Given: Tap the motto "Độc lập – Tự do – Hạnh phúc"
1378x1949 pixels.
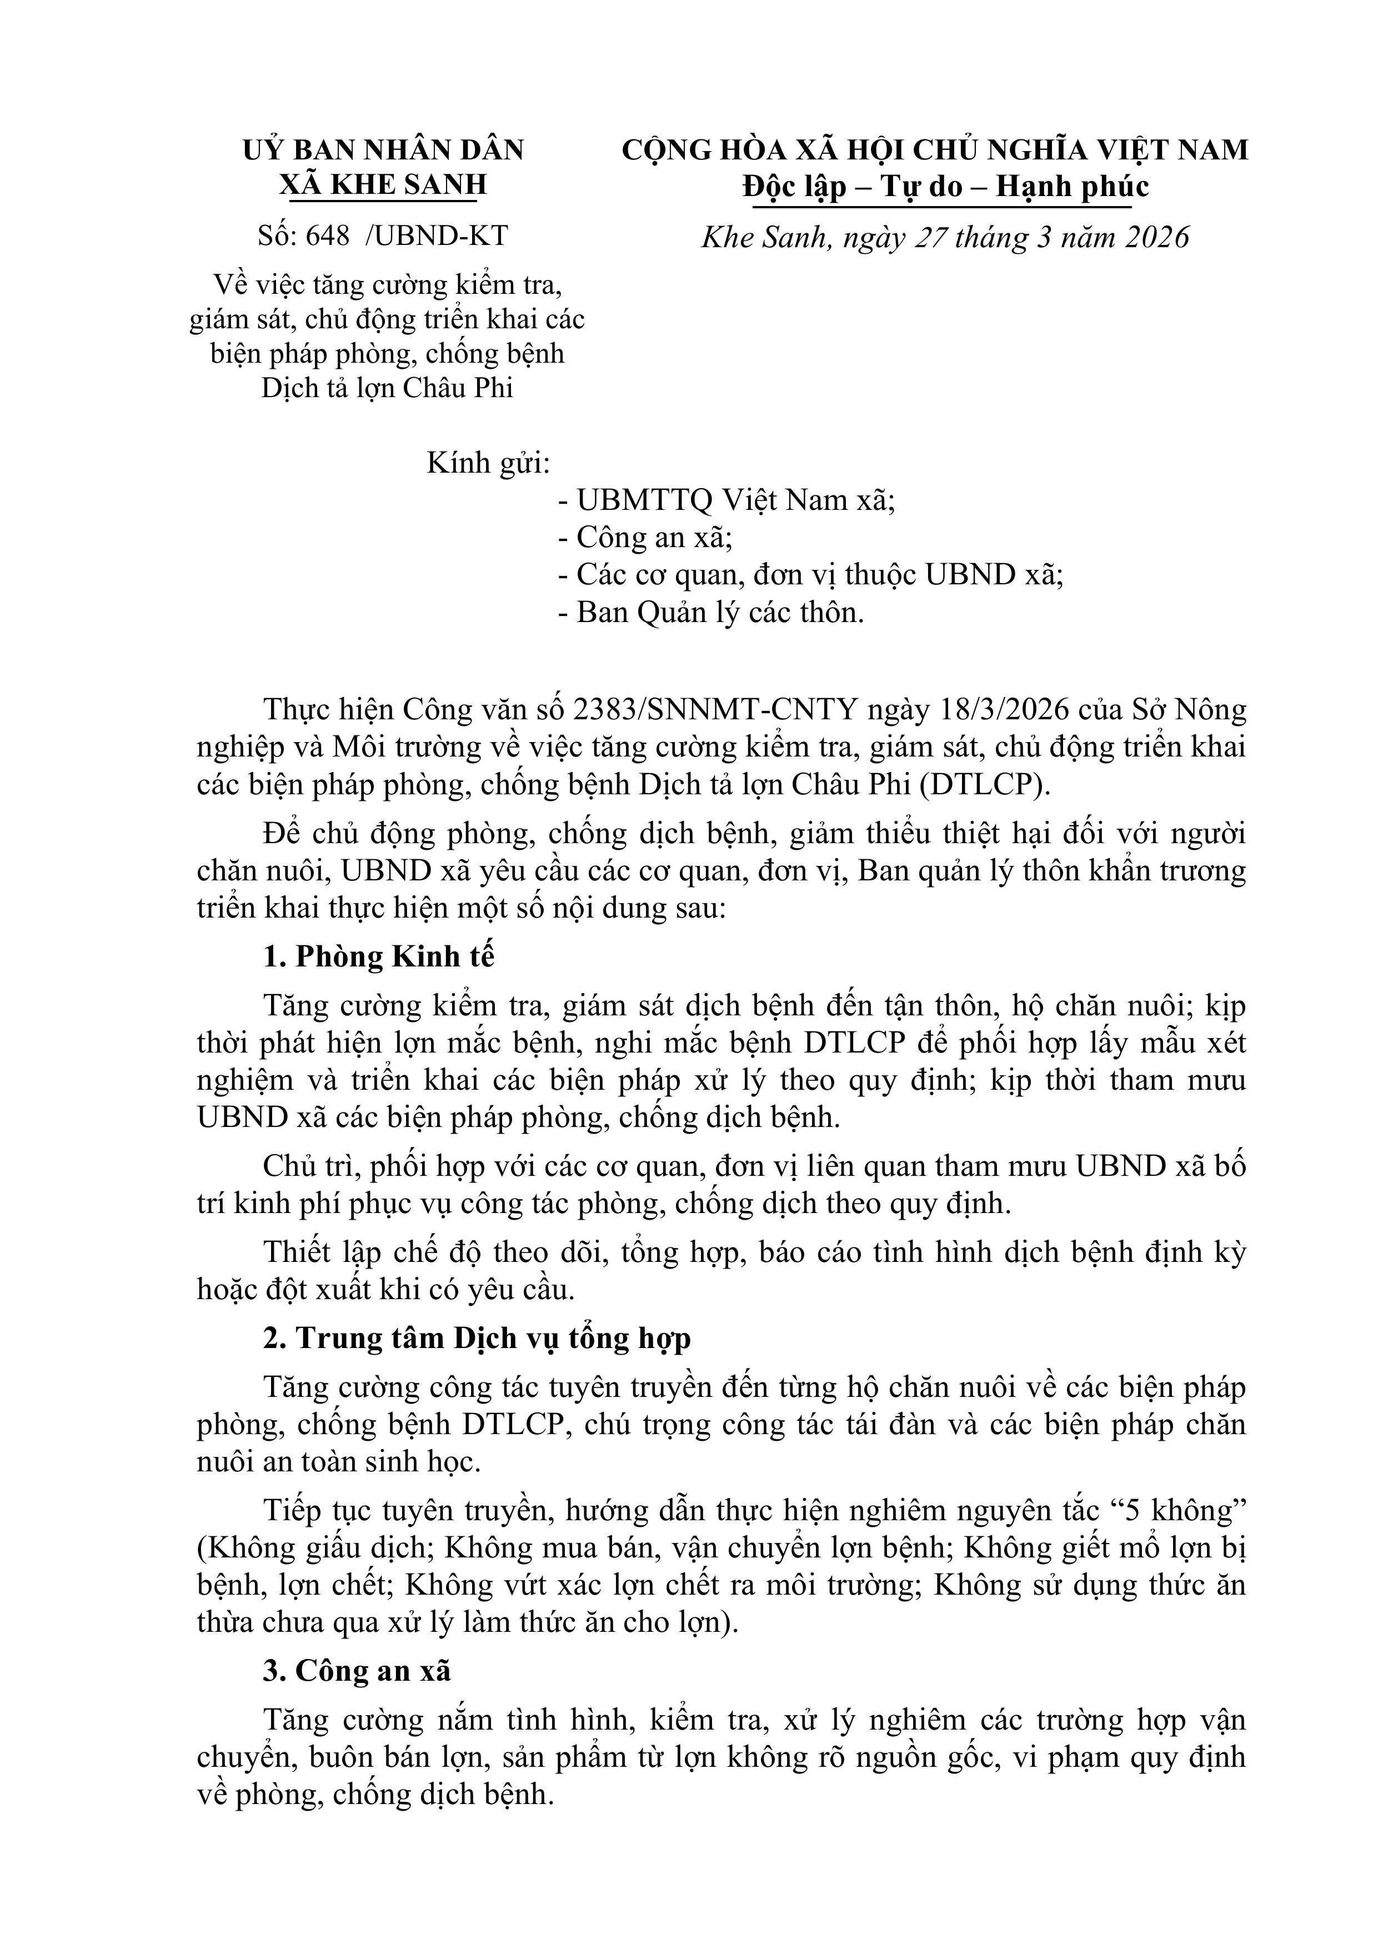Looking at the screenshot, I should pyautogui.click(x=945, y=186).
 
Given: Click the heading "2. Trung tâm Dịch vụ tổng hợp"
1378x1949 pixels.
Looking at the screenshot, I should pyautogui.click(x=477, y=1338).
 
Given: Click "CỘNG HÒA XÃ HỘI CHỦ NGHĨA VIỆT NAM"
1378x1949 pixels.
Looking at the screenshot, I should pyautogui.click(x=935, y=151).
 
